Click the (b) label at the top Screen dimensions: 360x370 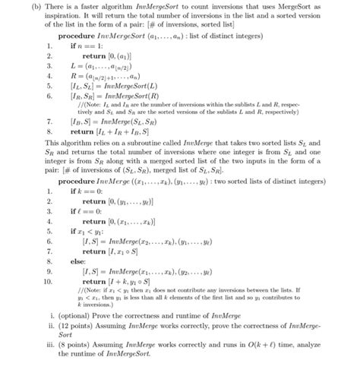[x=15, y=6]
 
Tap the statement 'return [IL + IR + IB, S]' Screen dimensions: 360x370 [x=115, y=131]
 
